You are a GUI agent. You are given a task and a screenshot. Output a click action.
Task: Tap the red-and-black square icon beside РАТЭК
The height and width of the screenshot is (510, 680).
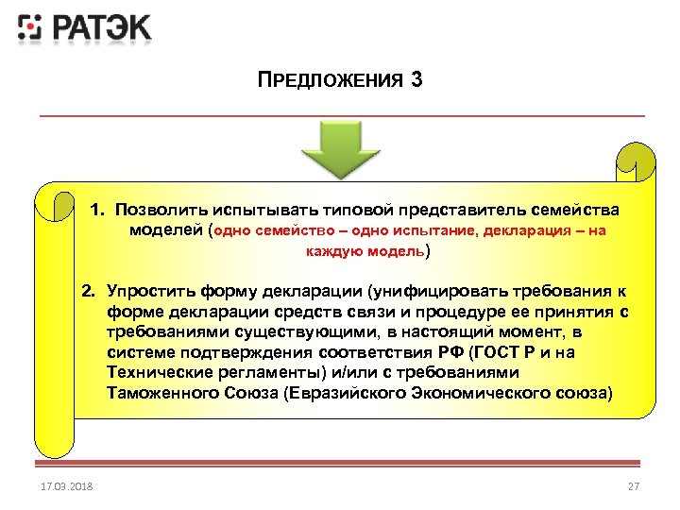point(30,28)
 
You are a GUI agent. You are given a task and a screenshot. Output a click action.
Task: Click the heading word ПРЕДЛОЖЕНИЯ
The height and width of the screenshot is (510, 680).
point(328,81)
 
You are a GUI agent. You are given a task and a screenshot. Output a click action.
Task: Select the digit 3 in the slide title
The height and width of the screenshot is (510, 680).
point(417,80)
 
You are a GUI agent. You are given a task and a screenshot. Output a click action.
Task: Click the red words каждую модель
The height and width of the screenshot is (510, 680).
point(365,251)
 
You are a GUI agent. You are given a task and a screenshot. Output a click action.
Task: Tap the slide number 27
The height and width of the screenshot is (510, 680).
point(634,485)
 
